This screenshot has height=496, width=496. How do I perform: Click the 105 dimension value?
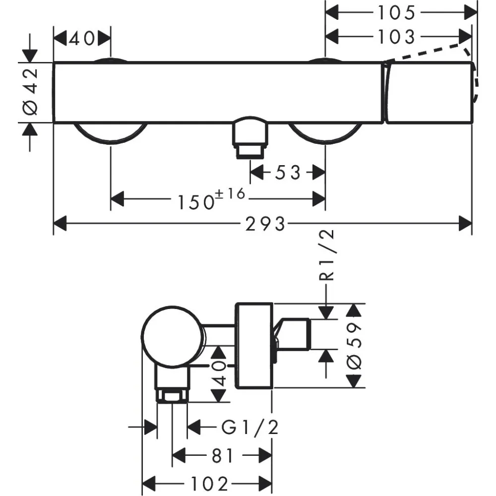pyautogui.click(x=395, y=13)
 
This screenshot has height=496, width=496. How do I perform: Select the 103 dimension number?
pyautogui.click(x=395, y=37)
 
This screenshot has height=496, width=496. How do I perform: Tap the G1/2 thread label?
pyautogui.click(x=249, y=427)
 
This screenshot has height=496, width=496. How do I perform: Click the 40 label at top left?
pyautogui.click(x=82, y=39)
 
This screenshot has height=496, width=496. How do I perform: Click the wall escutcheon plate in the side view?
pyautogui.click(x=253, y=345)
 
